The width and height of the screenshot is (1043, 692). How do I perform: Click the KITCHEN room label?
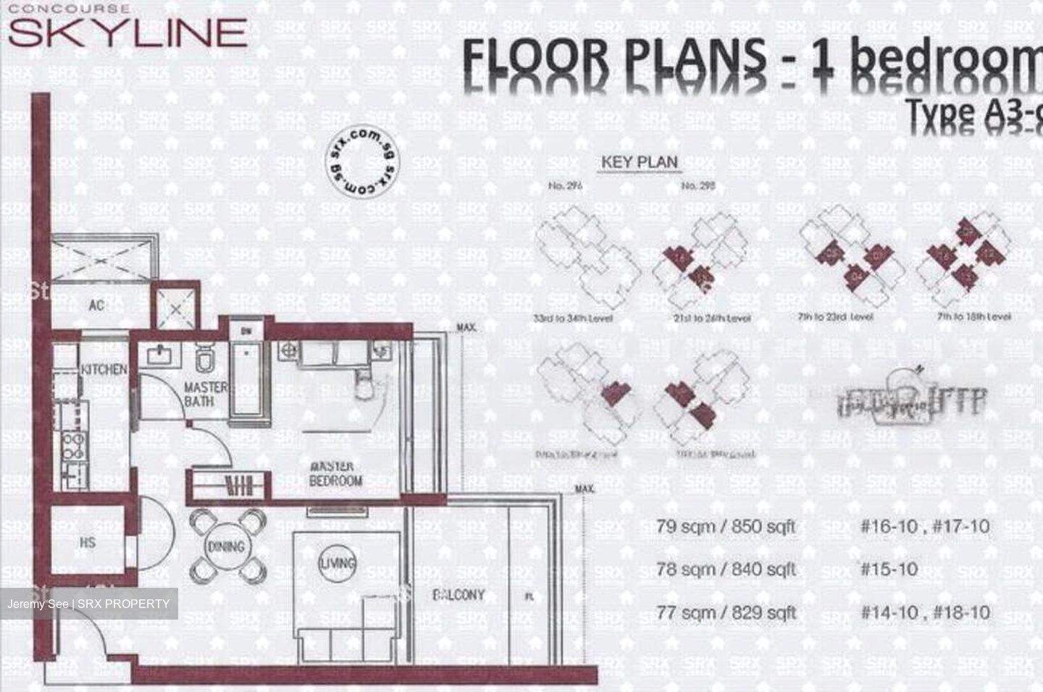click(104, 369)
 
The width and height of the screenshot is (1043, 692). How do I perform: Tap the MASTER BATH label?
click(205, 394)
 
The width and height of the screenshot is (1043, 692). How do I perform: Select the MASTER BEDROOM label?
click(335, 473)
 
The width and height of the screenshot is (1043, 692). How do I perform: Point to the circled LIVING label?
click(338, 562)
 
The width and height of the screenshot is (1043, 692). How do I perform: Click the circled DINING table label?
click(226, 547)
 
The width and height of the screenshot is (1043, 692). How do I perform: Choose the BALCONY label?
click(458, 594)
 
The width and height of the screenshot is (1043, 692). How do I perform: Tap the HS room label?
click(88, 542)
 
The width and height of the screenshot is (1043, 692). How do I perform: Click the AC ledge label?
click(96, 305)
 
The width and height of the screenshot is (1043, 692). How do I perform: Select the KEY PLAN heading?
click(639, 161)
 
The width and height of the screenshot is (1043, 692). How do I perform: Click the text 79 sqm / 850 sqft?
click(725, 526)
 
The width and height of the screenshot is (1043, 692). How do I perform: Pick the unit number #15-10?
click(889, 569)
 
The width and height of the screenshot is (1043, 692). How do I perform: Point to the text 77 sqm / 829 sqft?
click(726, 612)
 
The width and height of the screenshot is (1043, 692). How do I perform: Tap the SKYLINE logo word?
click(127, 33)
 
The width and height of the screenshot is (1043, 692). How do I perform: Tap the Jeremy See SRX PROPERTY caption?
click(88, 604)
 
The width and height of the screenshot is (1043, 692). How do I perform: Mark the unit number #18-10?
click(960, 612)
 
